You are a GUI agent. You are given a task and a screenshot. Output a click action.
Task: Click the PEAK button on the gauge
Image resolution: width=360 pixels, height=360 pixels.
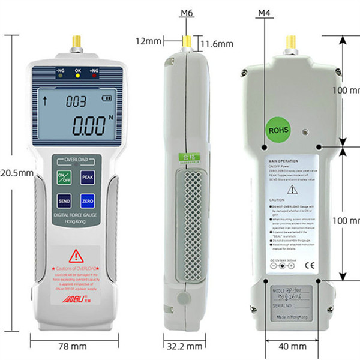[x=88, y=178]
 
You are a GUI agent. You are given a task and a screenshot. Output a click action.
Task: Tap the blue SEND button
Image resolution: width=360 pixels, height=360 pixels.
[x=64, y=201]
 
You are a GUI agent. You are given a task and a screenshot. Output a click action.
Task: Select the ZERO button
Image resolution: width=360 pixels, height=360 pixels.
[x=88, y=201]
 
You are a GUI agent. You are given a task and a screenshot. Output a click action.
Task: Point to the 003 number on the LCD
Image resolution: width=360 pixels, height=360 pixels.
[x=76, y=101]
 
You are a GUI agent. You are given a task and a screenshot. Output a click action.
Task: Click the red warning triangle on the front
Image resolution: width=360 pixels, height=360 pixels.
[x=76, y=257]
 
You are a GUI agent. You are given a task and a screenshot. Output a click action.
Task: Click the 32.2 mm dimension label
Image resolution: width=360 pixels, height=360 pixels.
[x=183, y=346]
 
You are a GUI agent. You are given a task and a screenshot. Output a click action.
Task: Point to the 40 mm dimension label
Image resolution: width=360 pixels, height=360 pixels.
[x=293, y=346]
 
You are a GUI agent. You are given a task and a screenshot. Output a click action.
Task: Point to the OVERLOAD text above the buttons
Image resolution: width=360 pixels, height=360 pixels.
[x=76, y=159]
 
